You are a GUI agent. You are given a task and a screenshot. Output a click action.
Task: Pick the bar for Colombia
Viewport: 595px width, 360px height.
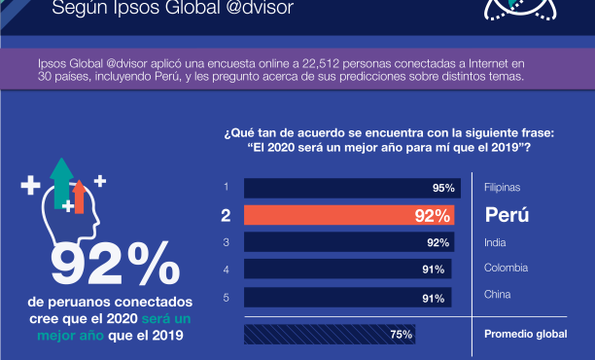click(x=347, y=269)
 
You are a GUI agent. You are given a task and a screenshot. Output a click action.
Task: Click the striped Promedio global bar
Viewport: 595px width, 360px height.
click(x=332, y=334)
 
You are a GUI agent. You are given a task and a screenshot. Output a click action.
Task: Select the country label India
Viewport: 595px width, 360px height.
click(x=496, y=241)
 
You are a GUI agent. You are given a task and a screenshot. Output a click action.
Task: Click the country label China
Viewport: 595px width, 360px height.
click(x=498, y=294)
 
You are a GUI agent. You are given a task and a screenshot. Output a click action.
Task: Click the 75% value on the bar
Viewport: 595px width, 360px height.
click(x=402, y=334)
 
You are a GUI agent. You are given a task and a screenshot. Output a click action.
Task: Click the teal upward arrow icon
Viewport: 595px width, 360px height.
click(x=61, y=181)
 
